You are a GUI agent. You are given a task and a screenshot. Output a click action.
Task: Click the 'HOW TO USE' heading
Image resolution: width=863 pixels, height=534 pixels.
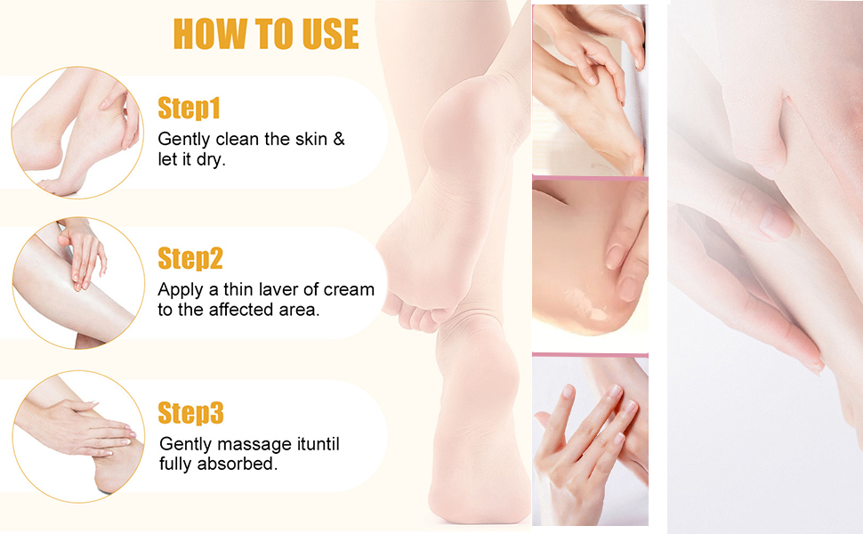(266, 34)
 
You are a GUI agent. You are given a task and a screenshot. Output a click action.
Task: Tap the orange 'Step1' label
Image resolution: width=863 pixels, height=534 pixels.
(189, 109)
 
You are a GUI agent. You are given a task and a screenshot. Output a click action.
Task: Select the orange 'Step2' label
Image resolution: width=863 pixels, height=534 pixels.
(190, 259)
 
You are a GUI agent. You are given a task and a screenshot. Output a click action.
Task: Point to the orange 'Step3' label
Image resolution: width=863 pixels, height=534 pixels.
(190, 413)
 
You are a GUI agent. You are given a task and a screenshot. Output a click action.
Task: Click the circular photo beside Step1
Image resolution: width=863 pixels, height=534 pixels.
(76, 132)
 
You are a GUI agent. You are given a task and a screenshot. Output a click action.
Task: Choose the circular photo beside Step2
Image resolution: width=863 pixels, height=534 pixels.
(76, 283)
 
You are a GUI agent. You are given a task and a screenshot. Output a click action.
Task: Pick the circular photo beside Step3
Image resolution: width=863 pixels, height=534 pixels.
(76, 437)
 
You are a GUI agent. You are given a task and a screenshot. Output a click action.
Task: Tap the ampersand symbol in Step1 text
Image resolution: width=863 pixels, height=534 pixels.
(338, 140)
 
